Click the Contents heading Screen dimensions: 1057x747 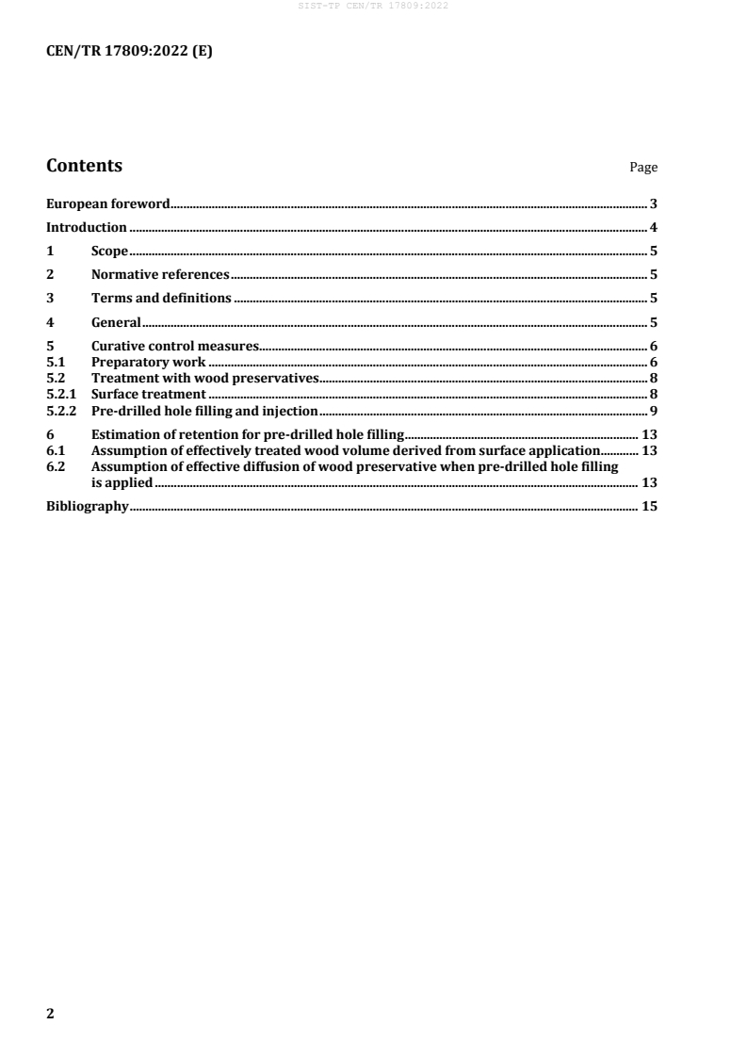[84, 166]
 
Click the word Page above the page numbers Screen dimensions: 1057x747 [643, 168]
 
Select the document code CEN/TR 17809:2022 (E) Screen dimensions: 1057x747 [129, 53]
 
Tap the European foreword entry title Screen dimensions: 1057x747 [108, 203]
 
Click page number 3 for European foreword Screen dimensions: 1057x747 [653, 203]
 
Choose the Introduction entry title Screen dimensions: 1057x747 [87, 227]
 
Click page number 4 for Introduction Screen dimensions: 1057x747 [653, 227]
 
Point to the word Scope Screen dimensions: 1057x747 [109, 251]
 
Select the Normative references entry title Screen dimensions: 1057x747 [160, 275]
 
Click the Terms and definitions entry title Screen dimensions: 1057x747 [161, 299]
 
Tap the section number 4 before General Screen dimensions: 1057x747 [51, 322]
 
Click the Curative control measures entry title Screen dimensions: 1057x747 [174, 347]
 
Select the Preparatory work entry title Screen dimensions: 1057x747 [148, 362]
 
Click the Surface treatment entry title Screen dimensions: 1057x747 [148, 393]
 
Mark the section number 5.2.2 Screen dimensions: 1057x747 [61, 409]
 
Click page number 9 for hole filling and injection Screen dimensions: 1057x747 [653, 409]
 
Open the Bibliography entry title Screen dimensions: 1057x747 [87, 507]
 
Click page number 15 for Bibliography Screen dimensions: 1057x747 [649, 507]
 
